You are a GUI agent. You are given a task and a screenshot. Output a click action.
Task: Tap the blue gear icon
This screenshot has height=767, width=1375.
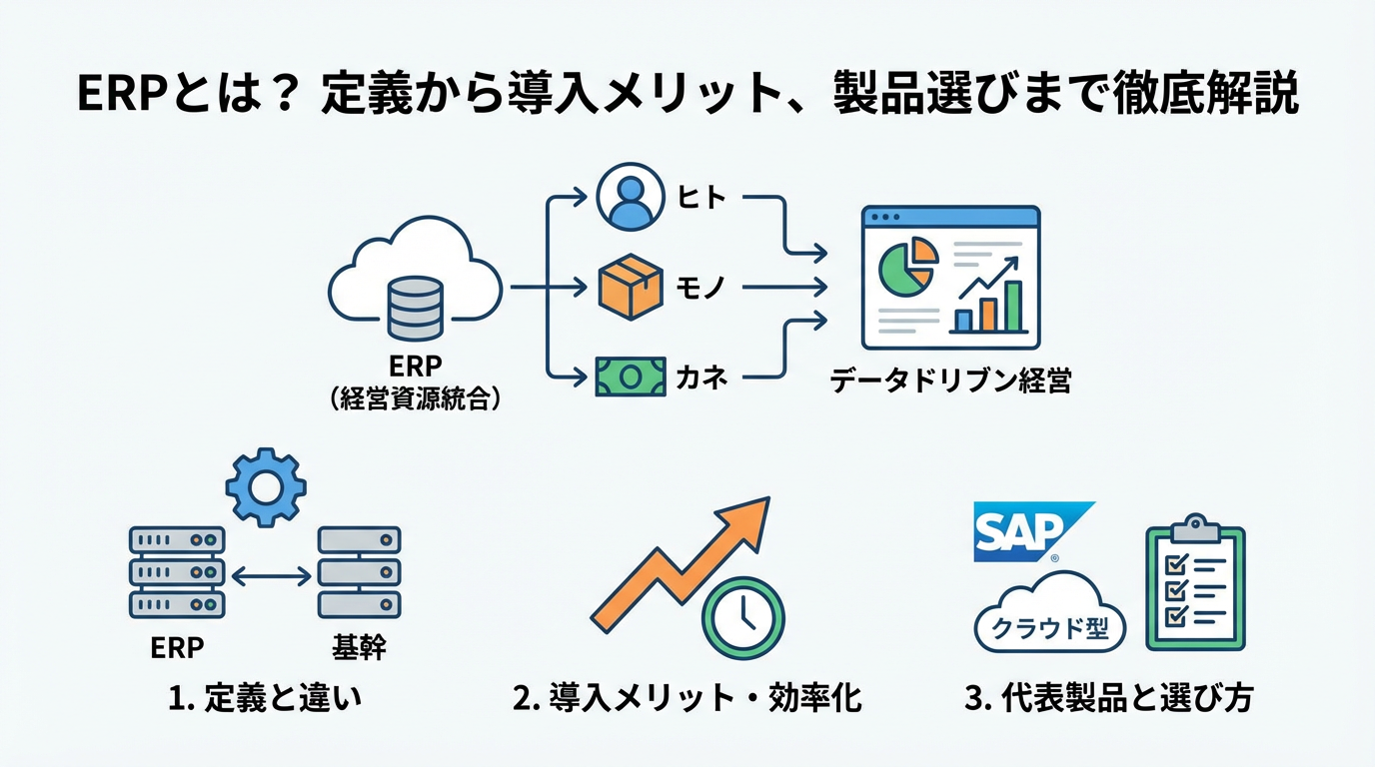[266, 486]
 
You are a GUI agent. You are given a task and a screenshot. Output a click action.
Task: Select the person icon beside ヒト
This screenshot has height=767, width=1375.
[630, 198]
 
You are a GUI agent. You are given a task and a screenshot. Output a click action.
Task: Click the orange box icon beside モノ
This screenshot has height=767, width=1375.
[630, 287]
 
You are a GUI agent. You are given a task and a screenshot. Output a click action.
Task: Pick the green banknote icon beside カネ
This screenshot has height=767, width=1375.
[630, 377]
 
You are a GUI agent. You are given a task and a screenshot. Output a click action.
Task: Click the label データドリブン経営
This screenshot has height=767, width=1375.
[950, 382]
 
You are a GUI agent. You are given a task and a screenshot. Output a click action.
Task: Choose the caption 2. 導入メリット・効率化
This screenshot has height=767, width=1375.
[687, 699]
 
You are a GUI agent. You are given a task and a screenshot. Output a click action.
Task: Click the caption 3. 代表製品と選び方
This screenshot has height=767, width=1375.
[1108, 699]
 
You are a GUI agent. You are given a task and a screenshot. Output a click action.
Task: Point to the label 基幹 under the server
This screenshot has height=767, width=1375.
[359, 648]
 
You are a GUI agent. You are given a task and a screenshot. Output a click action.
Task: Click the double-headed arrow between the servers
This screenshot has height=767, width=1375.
[271, 576]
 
